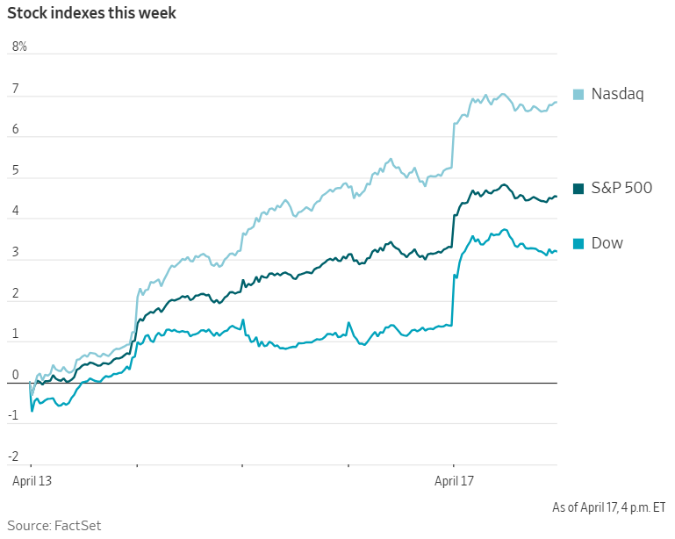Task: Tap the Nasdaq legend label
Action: (617, 94)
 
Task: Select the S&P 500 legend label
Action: (621, 187)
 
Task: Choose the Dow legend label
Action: (607, 243)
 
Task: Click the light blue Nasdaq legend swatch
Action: (578, 94)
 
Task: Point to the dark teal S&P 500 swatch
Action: (578, 188)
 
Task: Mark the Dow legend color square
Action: (578, 243)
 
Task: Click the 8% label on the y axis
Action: (19, 47)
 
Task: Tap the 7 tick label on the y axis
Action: (15, 88)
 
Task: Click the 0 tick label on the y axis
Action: (15, 375)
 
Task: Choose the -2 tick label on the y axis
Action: (14, 456)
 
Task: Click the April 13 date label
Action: (31, 481)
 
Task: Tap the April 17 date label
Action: (453, 481)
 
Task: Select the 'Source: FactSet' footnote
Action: (54, 525)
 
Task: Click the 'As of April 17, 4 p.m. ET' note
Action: (608, 507)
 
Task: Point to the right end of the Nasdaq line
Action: (556, 103)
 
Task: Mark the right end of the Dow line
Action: (556, 252)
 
